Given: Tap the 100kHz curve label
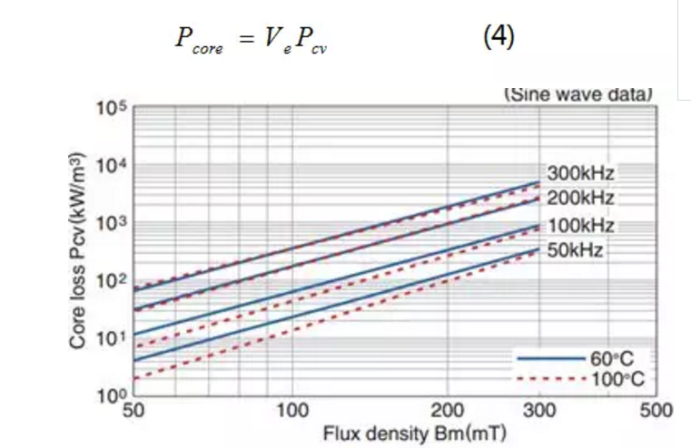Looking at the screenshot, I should (x=582, y=225).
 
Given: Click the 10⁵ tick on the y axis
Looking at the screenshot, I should (x=110, y=109).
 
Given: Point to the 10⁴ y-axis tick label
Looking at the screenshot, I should (x=110, y=167).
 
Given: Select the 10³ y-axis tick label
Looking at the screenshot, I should (x=110, y=224).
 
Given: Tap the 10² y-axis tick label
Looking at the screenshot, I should (x=110, y=282).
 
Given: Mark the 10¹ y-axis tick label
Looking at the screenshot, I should (x=110, y=340).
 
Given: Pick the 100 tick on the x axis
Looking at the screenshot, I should (x=291, y=410).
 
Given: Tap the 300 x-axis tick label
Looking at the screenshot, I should (x=539, y=410).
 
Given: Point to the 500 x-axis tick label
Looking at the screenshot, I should (x=656, y=410).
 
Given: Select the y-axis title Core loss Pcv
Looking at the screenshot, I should (x=79, y=250).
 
